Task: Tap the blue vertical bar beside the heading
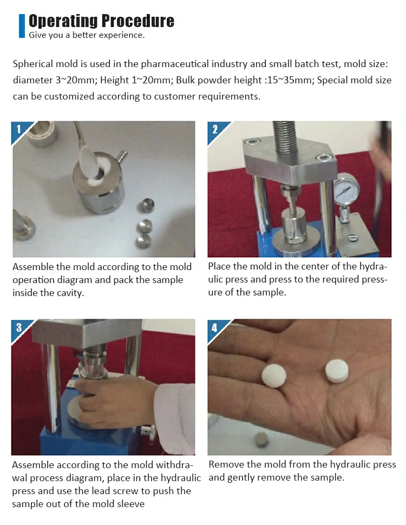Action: [x=22, y=26]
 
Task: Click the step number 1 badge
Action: [x=19, y=129]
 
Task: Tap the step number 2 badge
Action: [x=215, y=129]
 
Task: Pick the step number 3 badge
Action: [x=19, y=327]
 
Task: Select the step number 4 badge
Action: [x=215, y=327]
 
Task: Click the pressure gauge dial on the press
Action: [x=346, y=189]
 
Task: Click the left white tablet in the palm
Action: [x=274, y=375]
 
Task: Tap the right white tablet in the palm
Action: [x=337, y=371]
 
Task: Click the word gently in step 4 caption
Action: [x=239, y=478]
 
